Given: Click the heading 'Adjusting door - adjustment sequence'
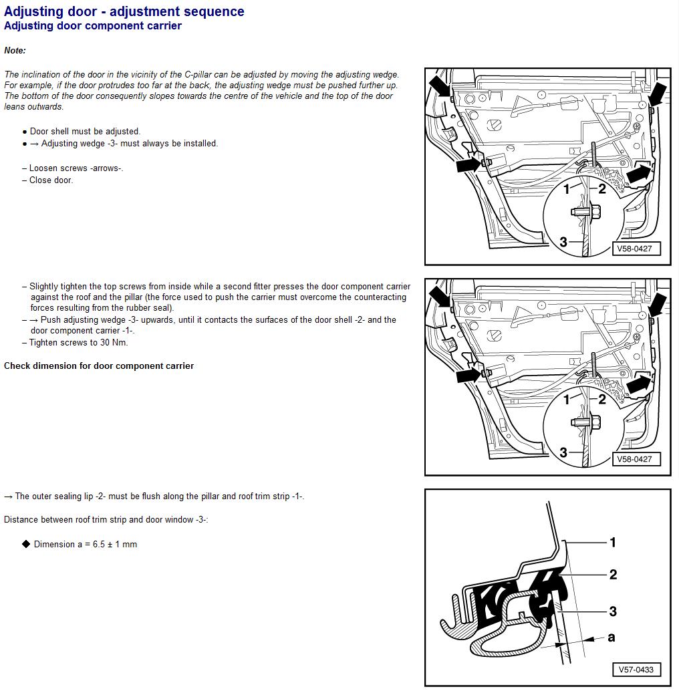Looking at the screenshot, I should coord(124,11).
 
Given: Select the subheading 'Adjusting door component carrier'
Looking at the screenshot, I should coord(93,26).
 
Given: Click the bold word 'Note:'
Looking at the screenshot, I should coord(15,51).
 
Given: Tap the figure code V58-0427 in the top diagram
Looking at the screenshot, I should coord(633,249).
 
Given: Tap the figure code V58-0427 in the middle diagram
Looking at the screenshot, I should coord(633,459).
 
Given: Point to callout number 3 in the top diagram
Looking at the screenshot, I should coord(563,241).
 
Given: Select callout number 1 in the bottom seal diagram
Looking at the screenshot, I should coord(612,542).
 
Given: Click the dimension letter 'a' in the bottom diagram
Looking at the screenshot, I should coord(611,638).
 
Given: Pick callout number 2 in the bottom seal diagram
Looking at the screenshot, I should coord(612,574).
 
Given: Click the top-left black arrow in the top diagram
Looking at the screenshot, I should coord(440,86).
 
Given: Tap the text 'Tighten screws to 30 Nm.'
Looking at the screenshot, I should coord(78,343).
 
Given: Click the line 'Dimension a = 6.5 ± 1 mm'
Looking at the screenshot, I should coord(85,545).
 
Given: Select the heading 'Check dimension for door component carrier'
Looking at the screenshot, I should coord(99,366).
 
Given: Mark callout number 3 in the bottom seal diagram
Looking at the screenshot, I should coord(612,611).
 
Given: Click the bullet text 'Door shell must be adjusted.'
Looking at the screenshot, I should coord(85,132).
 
